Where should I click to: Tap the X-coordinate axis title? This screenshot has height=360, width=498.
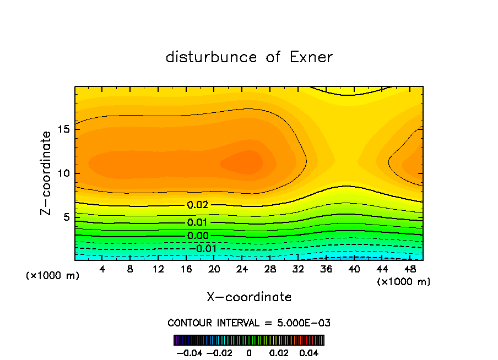tap(249, 297)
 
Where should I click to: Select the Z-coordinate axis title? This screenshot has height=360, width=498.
tap(47, 173)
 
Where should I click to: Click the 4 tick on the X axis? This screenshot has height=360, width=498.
tap(102, 269)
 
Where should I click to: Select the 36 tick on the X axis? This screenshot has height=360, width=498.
tap(326, 269)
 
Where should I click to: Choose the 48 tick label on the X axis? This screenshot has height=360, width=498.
tap(409, 269)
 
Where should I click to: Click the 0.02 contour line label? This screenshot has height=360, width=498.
tap(198, 205)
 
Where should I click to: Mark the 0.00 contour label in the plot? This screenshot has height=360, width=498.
tap(198, 236)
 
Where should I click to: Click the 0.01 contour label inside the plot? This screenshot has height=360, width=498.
tap(198, 222)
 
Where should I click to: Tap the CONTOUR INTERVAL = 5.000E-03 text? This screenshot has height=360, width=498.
tap(249, 323)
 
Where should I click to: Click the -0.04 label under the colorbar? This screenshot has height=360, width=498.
tap(190, 352)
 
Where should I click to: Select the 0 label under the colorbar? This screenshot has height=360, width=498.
tap(249, 352)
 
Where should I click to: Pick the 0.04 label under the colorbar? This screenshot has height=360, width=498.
tap(310, 352)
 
